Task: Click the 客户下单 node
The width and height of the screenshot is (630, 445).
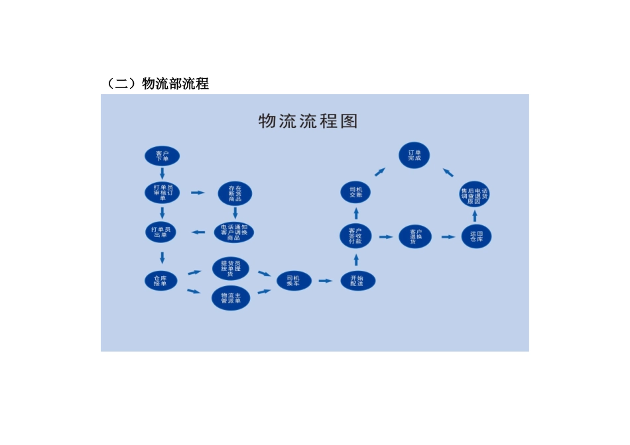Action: click(x=162, y=156)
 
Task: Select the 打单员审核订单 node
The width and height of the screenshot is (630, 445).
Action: click(x=162, y=192)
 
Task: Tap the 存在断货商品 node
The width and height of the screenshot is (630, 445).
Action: click(x=235, y=193)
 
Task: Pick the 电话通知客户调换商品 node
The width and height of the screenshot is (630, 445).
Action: click(x=234, y=232)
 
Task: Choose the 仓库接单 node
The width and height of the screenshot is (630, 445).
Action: click(x=161, y=280)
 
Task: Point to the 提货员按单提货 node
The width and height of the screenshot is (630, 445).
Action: click(x=231, y=269)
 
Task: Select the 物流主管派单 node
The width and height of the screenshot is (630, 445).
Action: click(x=231, y=298)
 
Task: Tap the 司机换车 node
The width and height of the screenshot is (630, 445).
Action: click(x=293, y=280)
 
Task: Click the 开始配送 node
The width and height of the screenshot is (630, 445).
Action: click(x=357, y=280)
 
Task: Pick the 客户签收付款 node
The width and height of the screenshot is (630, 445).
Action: click(x=355, y=236)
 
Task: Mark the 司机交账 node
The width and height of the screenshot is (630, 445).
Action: click(x=356, y=192)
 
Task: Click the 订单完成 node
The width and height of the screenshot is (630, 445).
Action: click(x=414, y=156)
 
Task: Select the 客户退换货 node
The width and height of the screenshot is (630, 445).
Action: click(x=416, y=236)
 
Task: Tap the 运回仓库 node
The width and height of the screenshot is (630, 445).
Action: click(x=476, y=236)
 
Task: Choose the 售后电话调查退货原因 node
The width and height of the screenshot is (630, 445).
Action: click(x=474, y=193)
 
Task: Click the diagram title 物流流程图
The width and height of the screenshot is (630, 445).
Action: click(x=308, y=121)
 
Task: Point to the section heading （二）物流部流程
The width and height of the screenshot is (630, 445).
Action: click(x=157, y=83)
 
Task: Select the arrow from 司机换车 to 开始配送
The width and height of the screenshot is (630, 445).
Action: click(x=325, y=281)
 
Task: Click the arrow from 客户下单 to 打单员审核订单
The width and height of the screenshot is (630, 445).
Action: click(x=162, y=173)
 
